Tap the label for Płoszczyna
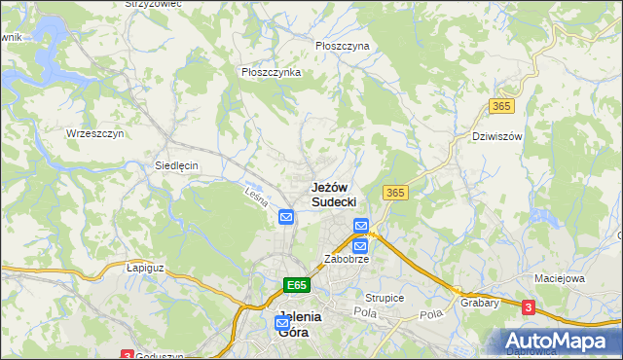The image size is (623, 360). (x=343, y=46)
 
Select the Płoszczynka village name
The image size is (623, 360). (x=271, y=72)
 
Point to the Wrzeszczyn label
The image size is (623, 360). (x=94, y=133)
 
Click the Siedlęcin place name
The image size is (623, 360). (x=176, y=165)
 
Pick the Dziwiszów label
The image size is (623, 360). (x=496, y=136)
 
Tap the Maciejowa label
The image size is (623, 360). (x=559, y=278)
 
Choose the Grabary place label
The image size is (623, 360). (x=481, y=303)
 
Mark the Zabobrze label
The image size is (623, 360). (x=346, y=261)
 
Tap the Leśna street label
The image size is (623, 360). (x=255, y=195)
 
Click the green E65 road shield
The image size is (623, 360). (x=297, y=285)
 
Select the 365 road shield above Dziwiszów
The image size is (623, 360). (x=502, y=106)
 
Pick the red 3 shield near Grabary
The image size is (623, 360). (x=529, y=307)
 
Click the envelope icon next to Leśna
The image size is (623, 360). (x=285, y=216)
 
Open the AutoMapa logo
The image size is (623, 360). (x=560, y=342)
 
